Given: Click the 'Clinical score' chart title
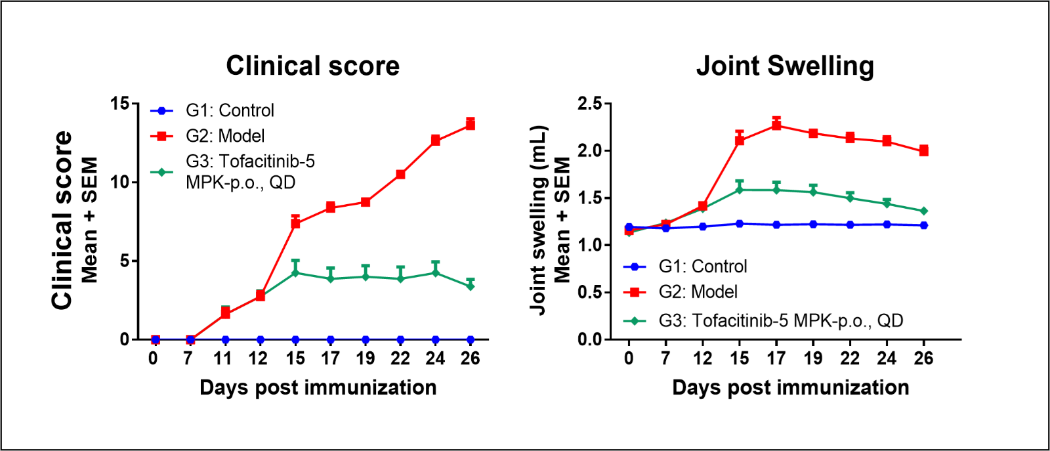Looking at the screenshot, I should [x=312, y=66].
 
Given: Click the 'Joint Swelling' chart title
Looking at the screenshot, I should [x=785, y=66].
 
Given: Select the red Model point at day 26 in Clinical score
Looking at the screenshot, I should [x=470, y=124].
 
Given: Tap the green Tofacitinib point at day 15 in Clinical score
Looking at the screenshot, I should [x=295, y=272].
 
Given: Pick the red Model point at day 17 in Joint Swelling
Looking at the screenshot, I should [x=776, y=125].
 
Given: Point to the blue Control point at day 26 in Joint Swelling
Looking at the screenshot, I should [x=923, y=225].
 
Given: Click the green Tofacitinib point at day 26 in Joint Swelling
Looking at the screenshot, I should [x=923, y=211].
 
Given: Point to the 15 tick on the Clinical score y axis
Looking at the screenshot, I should [x=120, y=104].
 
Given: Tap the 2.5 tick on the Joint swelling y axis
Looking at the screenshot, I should [x=589, y=104].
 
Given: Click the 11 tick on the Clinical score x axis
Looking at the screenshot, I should [x=223, y=358].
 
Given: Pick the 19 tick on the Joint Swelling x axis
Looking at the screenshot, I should [x=813, y=358].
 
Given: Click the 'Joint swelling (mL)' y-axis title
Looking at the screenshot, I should [x=539, y=220].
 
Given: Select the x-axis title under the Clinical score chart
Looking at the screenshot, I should [x=318, y=387].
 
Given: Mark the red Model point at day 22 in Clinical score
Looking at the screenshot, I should [x=400, y=175].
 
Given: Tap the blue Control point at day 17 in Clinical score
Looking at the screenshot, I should [x=330, y=339].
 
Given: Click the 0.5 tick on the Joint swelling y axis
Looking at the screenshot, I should [x=589, y=292].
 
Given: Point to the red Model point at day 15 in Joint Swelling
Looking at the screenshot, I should [x=740, y=140].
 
